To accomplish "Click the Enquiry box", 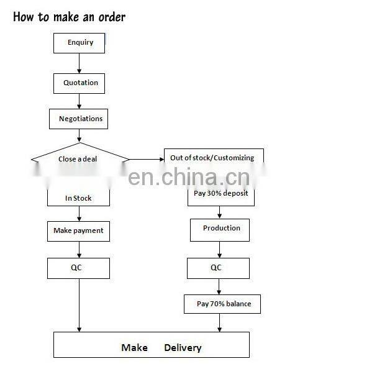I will point(78,43).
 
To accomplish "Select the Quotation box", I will point(80,83).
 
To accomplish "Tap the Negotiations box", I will point(80,119).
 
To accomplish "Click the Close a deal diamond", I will point(78,159).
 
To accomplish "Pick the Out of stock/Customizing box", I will point(212,158).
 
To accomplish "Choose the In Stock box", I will point(78,198).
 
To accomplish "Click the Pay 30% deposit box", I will point(220,193).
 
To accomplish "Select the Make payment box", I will point(78,230).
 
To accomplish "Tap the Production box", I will point(220,229).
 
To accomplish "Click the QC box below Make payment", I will point(78,268).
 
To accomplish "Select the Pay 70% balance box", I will point(221,304).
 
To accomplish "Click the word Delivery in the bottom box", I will point(183,347).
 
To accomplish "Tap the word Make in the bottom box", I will point(134,347).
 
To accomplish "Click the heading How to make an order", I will point(69,17).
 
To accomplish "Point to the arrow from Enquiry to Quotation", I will point(79,62).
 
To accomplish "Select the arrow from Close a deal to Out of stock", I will point(146,160).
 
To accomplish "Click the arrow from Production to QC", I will point(219,249).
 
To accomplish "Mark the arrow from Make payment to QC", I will point(79,249).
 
